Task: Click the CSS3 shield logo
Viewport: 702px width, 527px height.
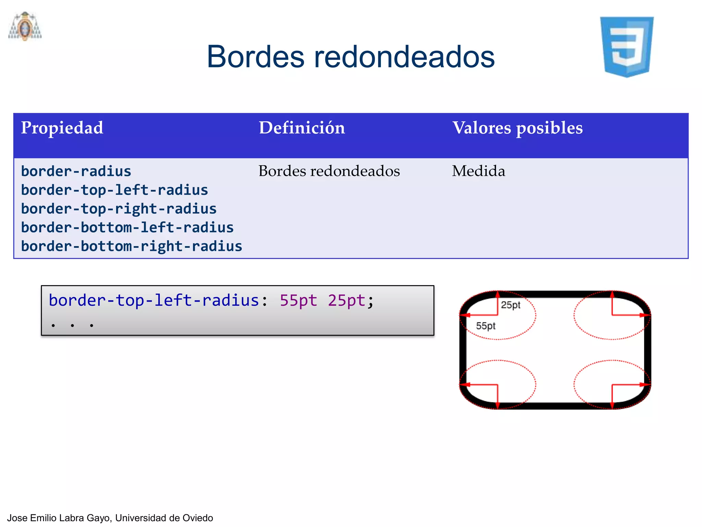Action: click(x=627, y=47)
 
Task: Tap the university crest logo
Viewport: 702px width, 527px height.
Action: click(x=25, y=27)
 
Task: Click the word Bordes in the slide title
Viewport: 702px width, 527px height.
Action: click(x=255, y=57)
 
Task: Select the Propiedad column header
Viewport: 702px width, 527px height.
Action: click(x=62, y=128)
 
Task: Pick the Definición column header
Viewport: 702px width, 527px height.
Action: click(x=302, y=128)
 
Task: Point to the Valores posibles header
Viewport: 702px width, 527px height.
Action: click(x=517, y=128)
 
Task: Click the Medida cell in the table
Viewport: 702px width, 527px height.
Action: click(x=478, y=171)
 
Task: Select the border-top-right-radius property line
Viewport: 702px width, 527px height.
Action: click(x=119, y=209)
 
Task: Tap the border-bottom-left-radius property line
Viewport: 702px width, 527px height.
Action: click(x=127, y=227)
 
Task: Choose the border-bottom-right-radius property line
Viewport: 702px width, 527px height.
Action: click(x=132, y=246)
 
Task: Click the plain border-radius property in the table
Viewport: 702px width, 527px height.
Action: click(x=76, y=171)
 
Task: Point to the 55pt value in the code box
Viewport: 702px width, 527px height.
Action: click(x=298, y=301)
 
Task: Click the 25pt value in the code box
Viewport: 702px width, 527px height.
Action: click(x=347, y=301)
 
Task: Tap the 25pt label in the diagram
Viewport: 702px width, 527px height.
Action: click(x=510, y=305)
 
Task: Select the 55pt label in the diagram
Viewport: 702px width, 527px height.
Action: click(x=485, y=326)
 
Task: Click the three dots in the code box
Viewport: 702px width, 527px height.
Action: click(x=72, y=325)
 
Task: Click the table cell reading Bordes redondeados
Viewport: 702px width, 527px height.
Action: click(x=329, y=171)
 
